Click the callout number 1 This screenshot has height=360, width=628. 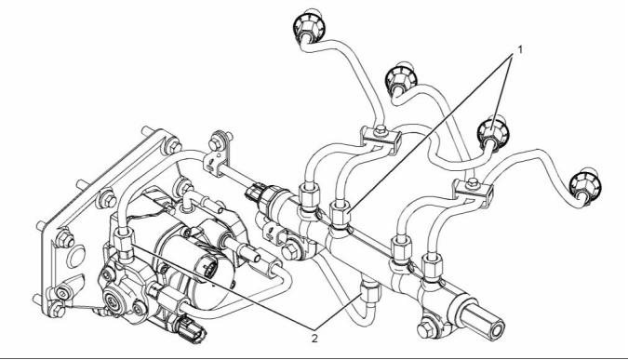pos(520,49)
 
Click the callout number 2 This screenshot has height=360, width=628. pos(314,339)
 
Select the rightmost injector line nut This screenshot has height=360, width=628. pos(585,185)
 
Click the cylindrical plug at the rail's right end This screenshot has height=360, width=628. pos(482,318)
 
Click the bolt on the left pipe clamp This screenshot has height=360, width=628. pos(381,129)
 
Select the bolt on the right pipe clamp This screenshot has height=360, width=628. pos(473,183)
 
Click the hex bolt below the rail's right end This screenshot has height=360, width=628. pos(426,329)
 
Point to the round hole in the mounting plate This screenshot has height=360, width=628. pos(75,256)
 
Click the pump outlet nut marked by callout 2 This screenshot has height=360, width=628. pos(124,244)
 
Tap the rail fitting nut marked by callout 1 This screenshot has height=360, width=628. pos(340,216)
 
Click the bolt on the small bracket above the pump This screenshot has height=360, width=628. pos(217,141)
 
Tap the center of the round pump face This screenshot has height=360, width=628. pos(111,300)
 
